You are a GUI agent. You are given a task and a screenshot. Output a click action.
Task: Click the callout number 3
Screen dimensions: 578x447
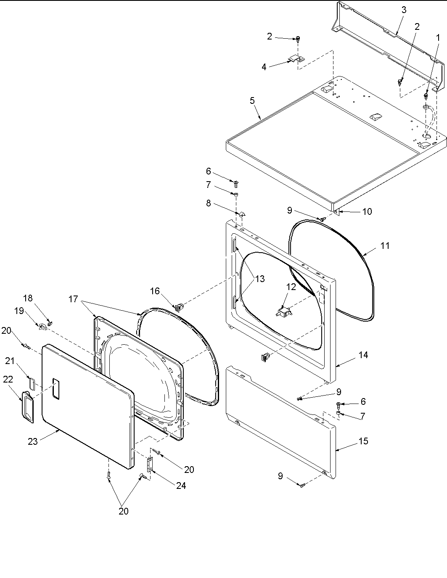pyautogui.click(x=404, y=10)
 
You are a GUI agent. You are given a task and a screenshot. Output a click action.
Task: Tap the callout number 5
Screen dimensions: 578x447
pyautogui.click(x=252, y=100)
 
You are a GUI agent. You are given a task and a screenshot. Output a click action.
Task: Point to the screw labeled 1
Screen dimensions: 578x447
pyautogui.click(x=426, y=96)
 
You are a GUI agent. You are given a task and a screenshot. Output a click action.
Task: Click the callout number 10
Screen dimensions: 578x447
pyautogui.click(x=367, y=211)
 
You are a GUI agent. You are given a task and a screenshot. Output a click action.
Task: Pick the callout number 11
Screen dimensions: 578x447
pyautogui.click(x=385, y=246)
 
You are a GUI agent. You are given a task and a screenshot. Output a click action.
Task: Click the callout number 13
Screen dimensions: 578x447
pyautogui.click(x=260, y=278)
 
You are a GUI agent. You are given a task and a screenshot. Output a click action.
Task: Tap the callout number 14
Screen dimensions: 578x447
pyautogui.click(x=363, y=355)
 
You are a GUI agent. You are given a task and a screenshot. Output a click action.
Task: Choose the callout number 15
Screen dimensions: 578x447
pyautogui.click(x=363, y=441)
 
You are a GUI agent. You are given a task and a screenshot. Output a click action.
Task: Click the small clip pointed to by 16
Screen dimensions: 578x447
pyautogui.click(x=180, y=306)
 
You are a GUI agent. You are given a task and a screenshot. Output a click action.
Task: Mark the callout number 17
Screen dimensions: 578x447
pyautogui.click(x=74, y=299)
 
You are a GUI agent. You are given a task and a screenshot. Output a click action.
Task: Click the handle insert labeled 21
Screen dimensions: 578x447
pyautogui.click(x=32, y=373)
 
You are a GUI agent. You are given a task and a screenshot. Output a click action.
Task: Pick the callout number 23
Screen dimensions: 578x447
pyautogui.click(x=33, y=441)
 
